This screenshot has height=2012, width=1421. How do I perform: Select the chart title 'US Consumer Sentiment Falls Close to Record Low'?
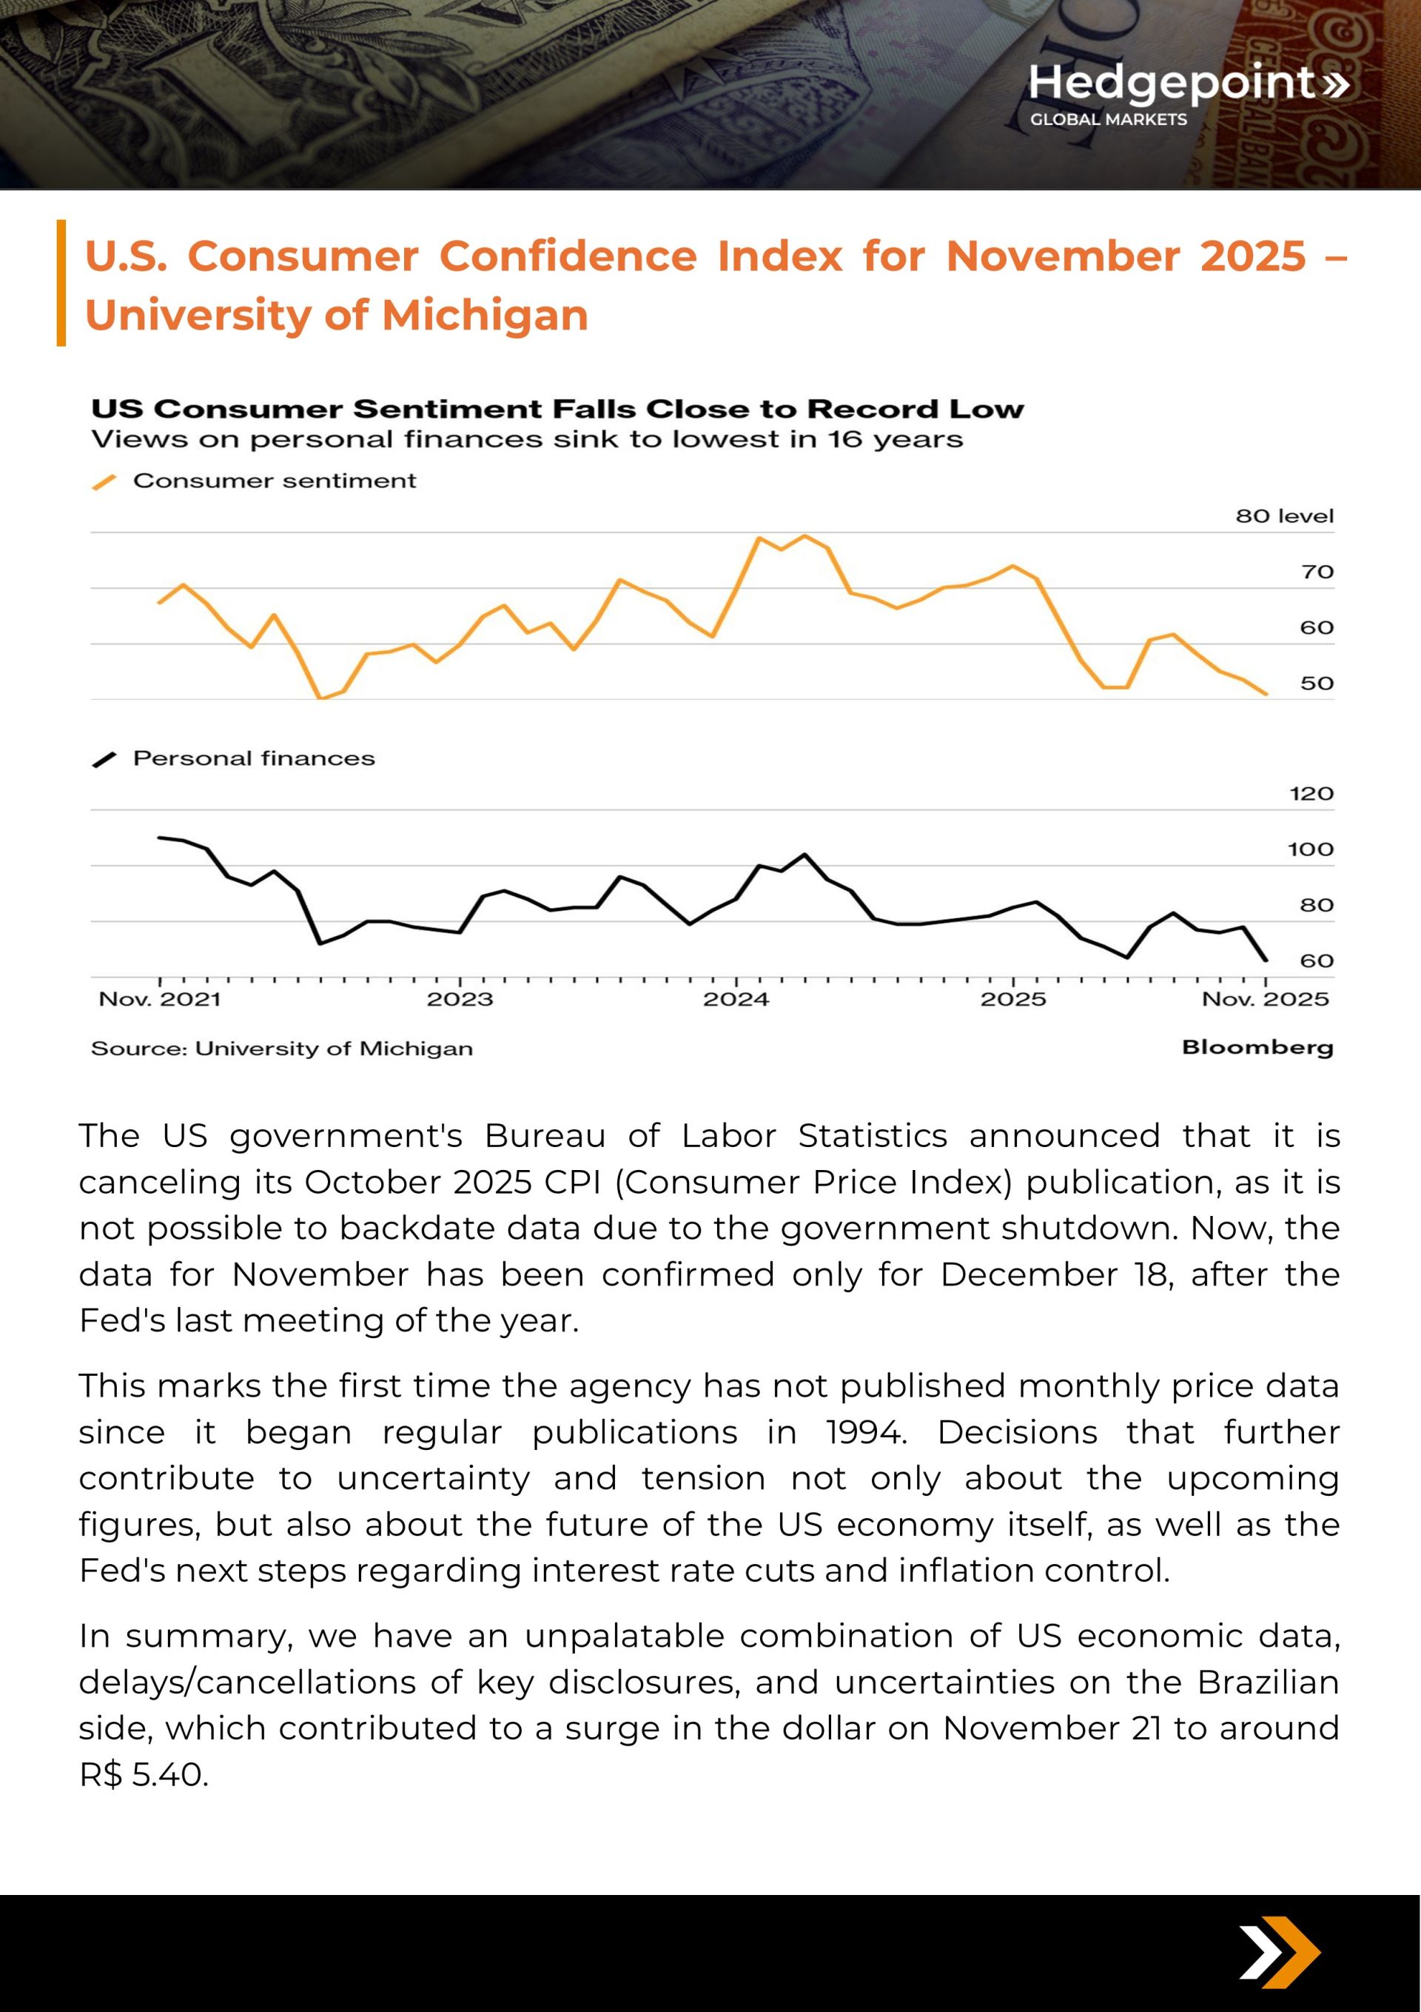(x=557, y=410)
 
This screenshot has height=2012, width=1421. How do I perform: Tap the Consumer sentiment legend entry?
(x=273, y=481)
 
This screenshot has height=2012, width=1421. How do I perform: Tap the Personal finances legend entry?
(x=253, y=758)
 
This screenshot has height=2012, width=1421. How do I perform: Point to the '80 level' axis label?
(x=1284, y=516)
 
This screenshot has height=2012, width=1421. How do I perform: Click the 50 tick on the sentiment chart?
(x=1316, y=684)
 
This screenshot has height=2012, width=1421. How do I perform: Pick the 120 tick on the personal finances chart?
(x=1311, y=794)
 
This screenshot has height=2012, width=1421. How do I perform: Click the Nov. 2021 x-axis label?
(x=159, y=999)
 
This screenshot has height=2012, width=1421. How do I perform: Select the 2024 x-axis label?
(x=736, y=999)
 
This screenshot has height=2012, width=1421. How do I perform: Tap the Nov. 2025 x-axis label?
(x=1265, y=999)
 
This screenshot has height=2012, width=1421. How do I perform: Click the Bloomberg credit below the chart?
(x=1257, y=1047)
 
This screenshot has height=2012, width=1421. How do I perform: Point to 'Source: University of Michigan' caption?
(x=281, y=1049)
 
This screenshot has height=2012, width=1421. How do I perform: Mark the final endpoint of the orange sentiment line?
(x=1266, y=694)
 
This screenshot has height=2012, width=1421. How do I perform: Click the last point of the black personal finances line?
(x=1266, y=960)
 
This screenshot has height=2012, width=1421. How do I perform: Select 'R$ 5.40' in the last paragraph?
(x=143, y=1774)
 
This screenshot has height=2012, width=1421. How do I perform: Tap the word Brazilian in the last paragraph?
(x=1268, y=1682)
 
